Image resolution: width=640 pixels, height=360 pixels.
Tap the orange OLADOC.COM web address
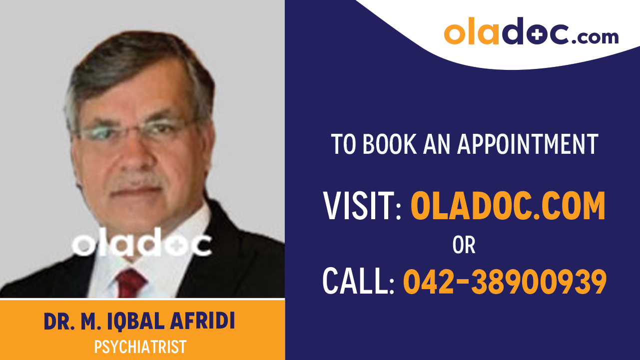(508, 206)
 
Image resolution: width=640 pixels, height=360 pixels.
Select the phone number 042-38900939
(505, 281)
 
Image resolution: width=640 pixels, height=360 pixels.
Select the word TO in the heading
(343, 144)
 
